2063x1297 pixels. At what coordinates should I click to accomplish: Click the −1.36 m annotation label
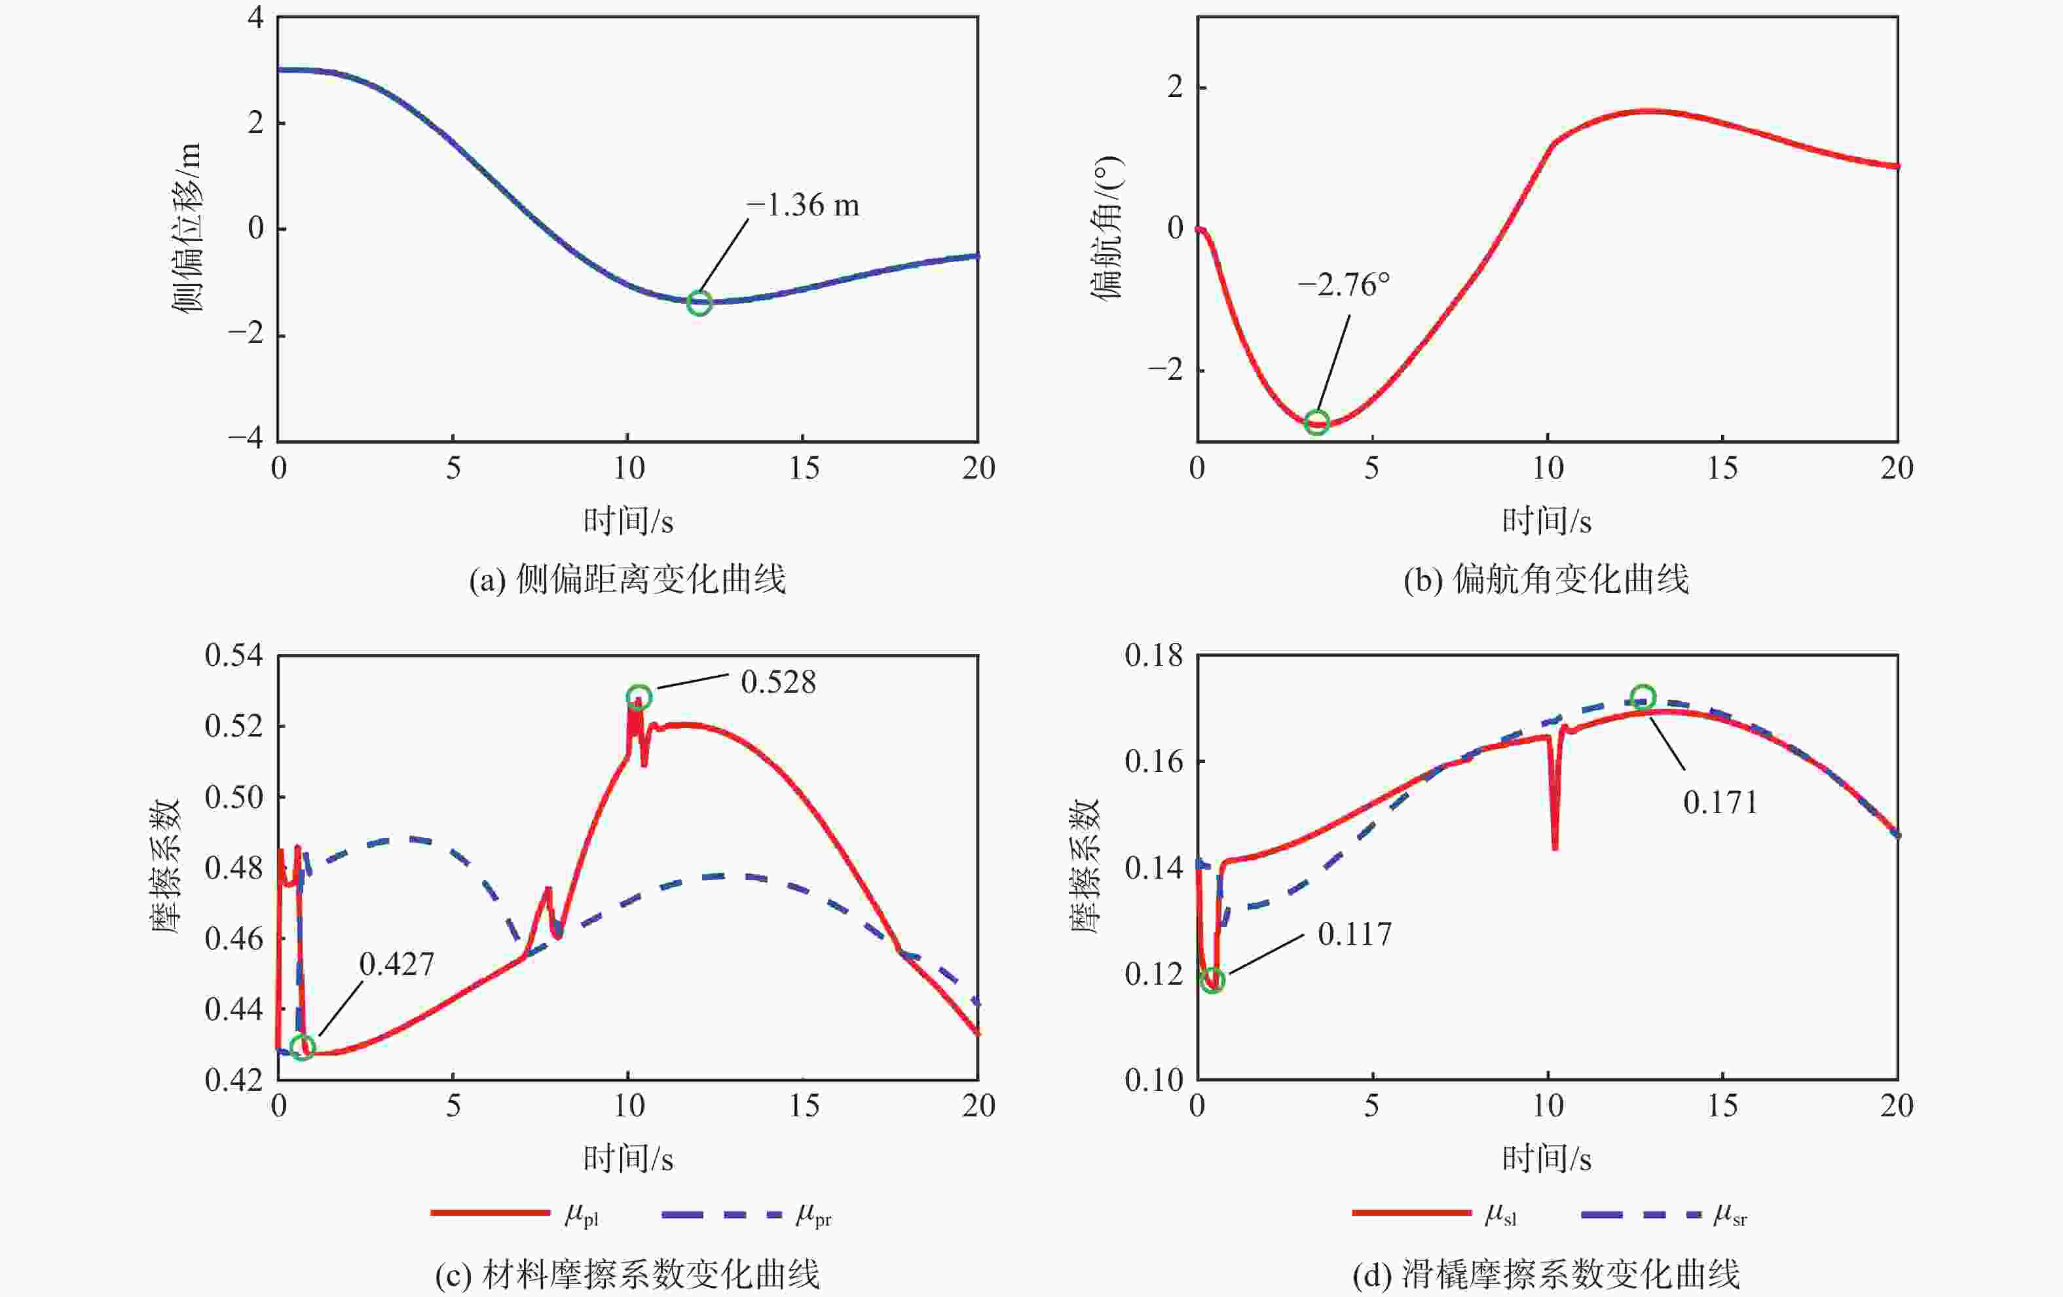(x=803, y=206)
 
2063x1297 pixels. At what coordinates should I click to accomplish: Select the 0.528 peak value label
(x=778, y=682)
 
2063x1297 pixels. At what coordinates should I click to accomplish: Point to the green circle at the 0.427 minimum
(x=303, y=1047)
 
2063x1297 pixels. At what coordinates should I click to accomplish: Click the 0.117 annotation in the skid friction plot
(x=1354, y=934)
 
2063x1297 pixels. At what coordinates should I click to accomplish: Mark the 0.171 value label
(x=1719, y=803)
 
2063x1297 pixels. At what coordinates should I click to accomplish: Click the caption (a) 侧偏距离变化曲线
(x=627, y=580)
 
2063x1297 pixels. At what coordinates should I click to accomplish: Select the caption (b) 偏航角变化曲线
(x=1546, y=580)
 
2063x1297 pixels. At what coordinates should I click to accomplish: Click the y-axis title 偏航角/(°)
(x=1106, y=228)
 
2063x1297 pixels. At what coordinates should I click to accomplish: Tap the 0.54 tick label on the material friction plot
(x=233, y=655)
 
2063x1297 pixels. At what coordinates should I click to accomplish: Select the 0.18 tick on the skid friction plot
(x=1153, y=655)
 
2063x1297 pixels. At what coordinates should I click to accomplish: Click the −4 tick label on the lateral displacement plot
(x=245, y=438)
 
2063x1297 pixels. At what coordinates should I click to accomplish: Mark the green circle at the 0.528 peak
(x=639, y=697)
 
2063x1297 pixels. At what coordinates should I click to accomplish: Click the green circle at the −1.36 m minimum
(x=699, y=302)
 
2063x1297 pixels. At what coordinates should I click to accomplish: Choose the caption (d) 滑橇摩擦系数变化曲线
(x=1546, y=1275)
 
